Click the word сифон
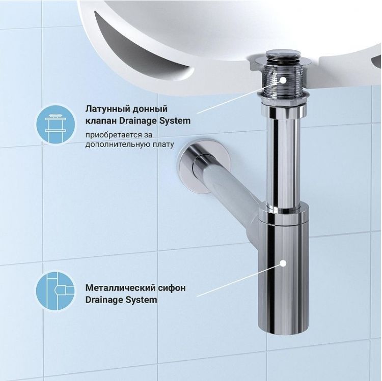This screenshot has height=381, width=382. [171, 288]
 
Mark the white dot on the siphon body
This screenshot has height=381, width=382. [283, 263]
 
